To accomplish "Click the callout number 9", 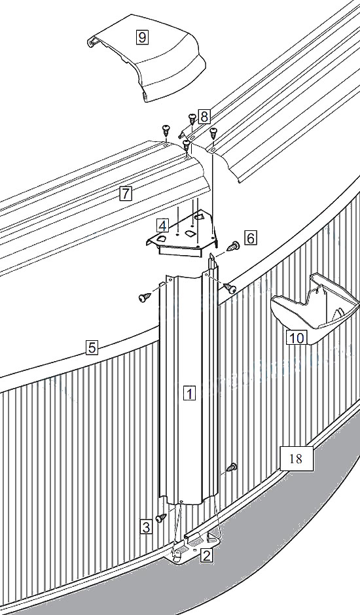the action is tap(142, 37).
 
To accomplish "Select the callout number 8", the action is tap(204, 116).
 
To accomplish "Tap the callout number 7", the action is tap(126, 193).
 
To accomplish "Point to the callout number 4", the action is tap(162, 226).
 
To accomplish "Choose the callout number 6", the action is tap(251, 237).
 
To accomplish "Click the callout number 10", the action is tap(297, 338).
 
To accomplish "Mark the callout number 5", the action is tap(92, 347).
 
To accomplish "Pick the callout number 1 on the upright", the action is tap(190, 393).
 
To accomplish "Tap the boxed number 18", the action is tap(297, 458).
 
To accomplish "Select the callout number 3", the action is tap(146, 527).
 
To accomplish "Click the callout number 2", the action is tap(207, 555).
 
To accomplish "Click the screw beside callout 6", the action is tap(234, 246).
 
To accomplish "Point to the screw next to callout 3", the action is tap(160, 518).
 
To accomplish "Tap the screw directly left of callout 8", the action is tap(192, 118).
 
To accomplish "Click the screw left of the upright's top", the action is tap(145, 298).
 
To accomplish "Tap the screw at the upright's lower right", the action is tap(232, 466).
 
